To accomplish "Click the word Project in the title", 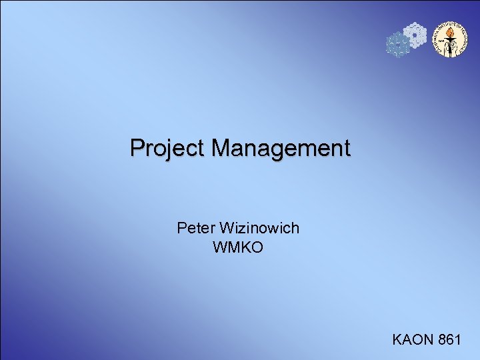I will point(169,148).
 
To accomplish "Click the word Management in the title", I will point(281,148).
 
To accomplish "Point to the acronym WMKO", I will point(238,248).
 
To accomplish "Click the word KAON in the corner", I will point(413,340).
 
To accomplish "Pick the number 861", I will point(450,340).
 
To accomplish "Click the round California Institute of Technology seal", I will point(448,39).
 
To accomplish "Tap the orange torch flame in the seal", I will point(448,33).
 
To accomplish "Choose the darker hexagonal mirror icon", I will point(398,45).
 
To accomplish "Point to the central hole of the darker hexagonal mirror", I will point(398,45).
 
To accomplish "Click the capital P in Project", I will point(137,147).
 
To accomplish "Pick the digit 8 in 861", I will point(443,340).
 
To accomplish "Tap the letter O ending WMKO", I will point(257,248).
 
